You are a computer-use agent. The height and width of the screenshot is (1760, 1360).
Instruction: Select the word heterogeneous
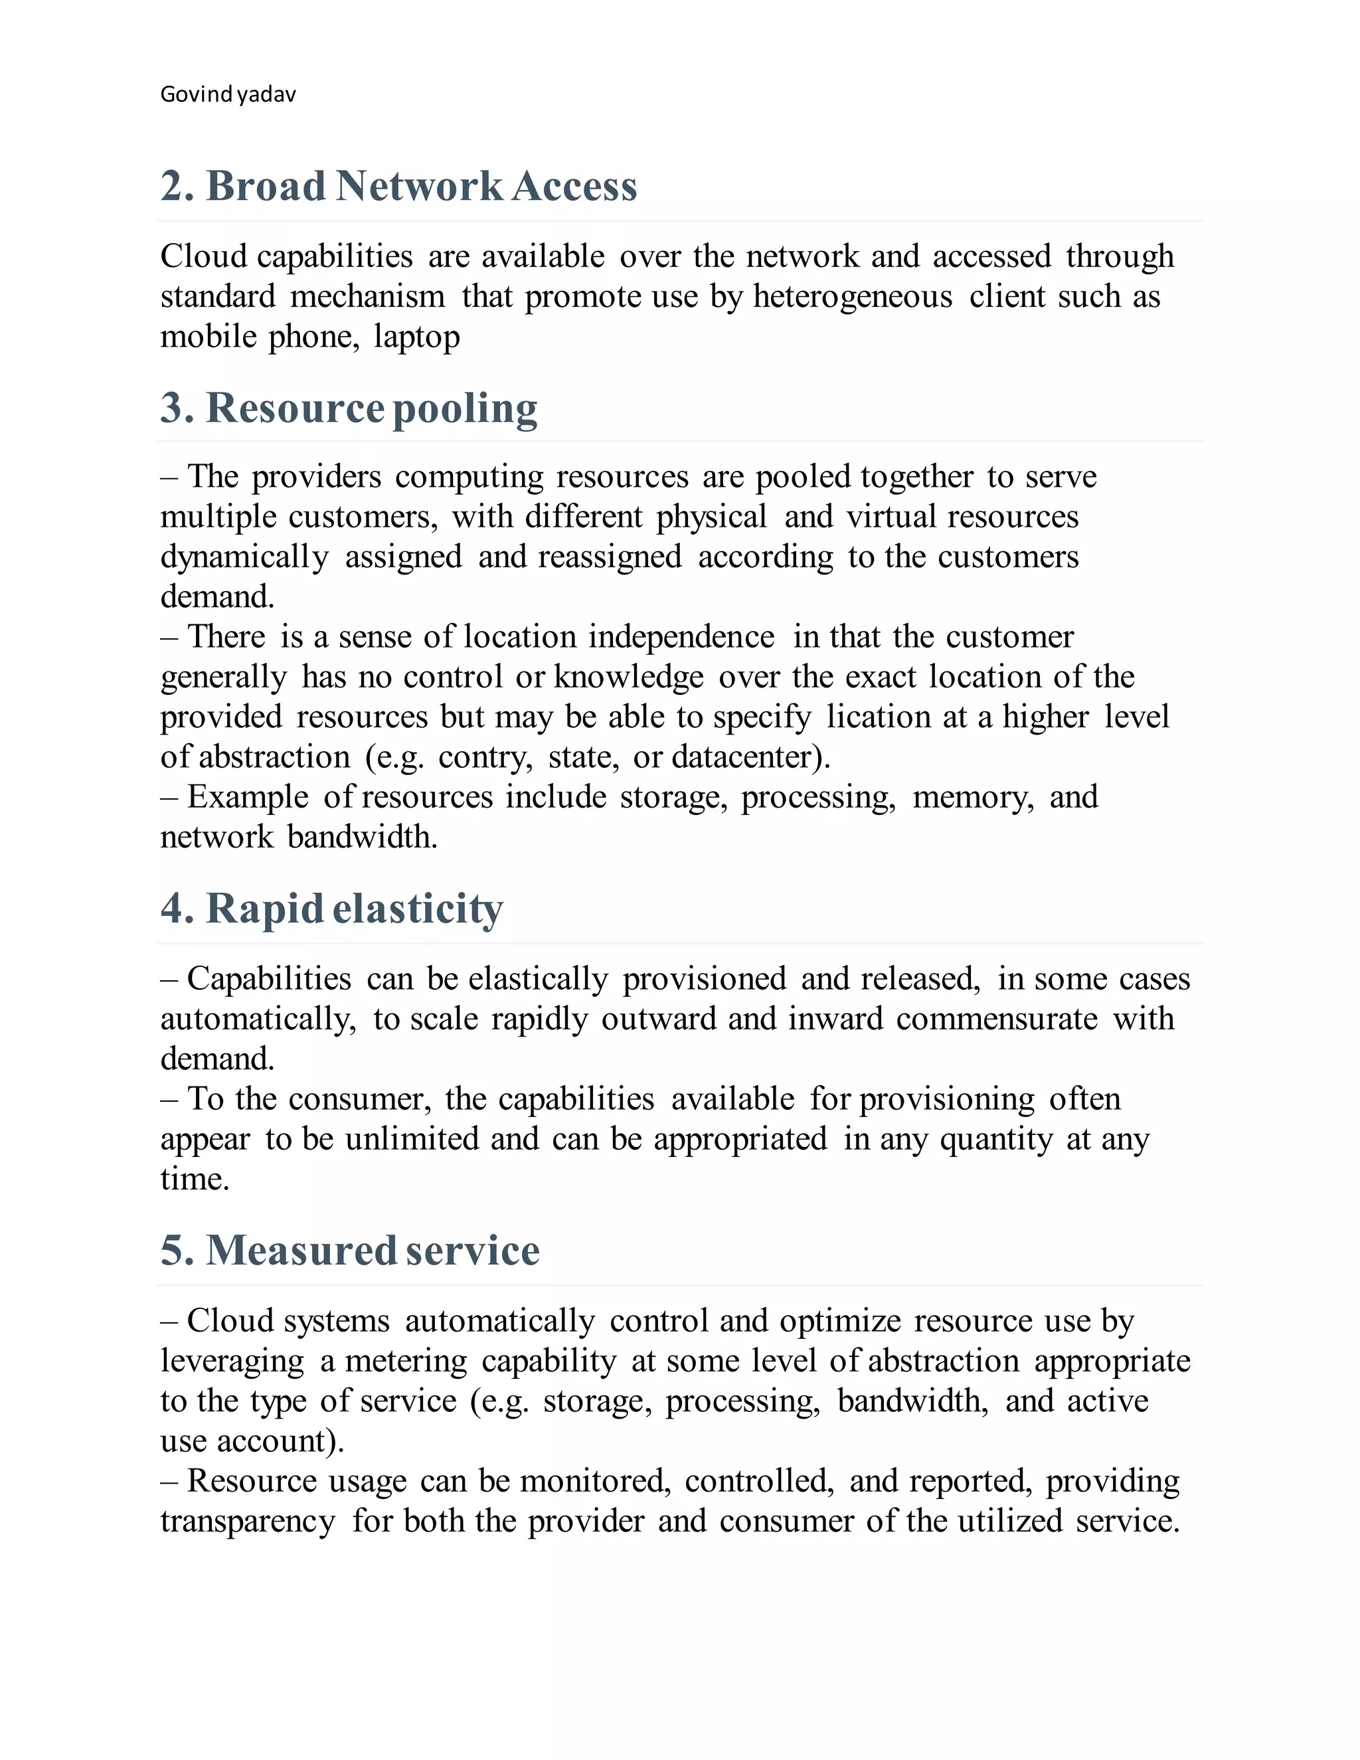853,297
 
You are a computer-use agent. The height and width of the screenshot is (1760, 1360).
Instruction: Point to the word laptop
416,337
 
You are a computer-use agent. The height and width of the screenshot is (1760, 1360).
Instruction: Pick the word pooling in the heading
465,409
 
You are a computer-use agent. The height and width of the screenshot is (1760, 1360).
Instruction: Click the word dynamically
244,557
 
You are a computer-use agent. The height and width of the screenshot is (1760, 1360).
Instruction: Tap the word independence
681,637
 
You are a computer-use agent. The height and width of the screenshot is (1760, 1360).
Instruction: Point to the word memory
972,797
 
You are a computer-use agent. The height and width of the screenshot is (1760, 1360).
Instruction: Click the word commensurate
997,1019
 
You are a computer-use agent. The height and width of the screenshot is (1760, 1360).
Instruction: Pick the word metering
406,1361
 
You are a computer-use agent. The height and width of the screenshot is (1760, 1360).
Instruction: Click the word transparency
247,1522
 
